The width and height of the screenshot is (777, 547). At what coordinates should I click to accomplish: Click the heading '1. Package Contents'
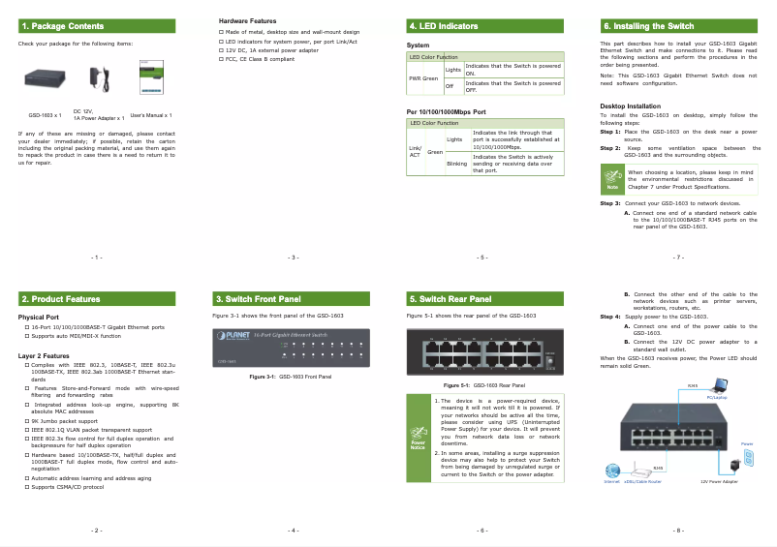coord(63,26)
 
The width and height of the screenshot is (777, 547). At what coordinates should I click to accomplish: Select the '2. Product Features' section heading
coord(61,299)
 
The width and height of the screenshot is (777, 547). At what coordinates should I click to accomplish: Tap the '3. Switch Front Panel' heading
coord(258,299)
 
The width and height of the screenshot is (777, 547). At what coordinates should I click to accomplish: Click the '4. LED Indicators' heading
coord(444,26)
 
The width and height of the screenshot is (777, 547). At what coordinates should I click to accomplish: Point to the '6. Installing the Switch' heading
coord(647,26)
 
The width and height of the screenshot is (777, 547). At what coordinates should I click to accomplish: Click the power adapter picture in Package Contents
coord(96,76)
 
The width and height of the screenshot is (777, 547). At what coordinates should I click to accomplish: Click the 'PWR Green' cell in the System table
coord(423,77)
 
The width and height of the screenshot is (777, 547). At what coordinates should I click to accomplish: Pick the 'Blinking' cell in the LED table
coord(456,164)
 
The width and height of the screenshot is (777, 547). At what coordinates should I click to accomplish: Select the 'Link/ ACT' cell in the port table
coord(415,151)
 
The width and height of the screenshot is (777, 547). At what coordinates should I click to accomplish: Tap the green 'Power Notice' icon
coord(418,439)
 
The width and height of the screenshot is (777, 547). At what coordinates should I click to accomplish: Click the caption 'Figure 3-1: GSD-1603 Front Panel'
coord(291,376)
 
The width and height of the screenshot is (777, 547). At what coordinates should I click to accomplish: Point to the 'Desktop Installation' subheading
coord(631,106)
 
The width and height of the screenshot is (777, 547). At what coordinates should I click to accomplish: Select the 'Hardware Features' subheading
coord(247,19)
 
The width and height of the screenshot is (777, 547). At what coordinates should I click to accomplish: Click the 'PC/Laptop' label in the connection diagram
coord(717,397)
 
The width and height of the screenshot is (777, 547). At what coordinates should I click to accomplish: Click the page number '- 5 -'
coord(482,258)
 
